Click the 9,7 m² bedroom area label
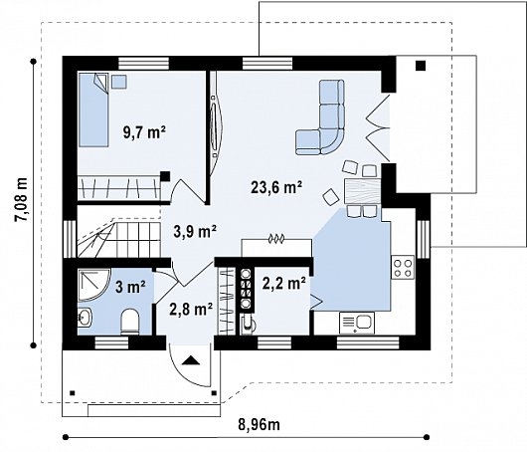[143, 130]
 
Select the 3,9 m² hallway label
[195, 232]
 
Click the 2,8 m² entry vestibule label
[192, 309]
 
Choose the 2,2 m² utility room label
[281, 283]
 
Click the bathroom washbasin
[85, 319]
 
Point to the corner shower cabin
[95, 284]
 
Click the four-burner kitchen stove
[403, 266]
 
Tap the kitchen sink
[358, 322]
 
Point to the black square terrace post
[421, 66]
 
